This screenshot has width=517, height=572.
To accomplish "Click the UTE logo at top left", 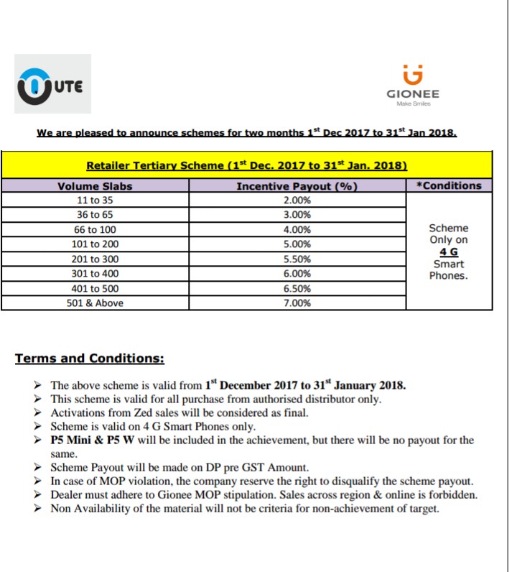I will click(52, 84).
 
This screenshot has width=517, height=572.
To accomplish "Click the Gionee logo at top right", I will click(413, 85).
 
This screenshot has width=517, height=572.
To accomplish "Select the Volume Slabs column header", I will click(95, 186).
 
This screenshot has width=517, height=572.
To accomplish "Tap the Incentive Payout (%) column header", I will click(297, 186).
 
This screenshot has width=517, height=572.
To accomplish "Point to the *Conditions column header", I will click(449, 185).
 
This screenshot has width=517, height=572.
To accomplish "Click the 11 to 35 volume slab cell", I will click(95, 200).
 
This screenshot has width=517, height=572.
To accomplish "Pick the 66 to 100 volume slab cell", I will click(95, 230).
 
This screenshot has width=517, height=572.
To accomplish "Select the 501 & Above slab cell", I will click(95, 303).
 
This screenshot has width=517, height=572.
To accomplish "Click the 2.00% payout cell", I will click(297, 200).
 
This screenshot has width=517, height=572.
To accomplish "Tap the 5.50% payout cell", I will click(297, 259).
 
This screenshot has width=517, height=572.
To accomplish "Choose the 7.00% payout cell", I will click(297, 303).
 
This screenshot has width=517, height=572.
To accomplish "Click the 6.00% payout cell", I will click(297, 274).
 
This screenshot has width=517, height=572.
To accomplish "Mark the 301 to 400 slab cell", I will click(95, 274).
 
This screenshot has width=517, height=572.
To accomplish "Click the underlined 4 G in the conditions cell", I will click(448, 252).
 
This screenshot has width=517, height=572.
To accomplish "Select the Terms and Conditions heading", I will click(90, 358).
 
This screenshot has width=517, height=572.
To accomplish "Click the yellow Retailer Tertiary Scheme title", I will click(247, 165).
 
